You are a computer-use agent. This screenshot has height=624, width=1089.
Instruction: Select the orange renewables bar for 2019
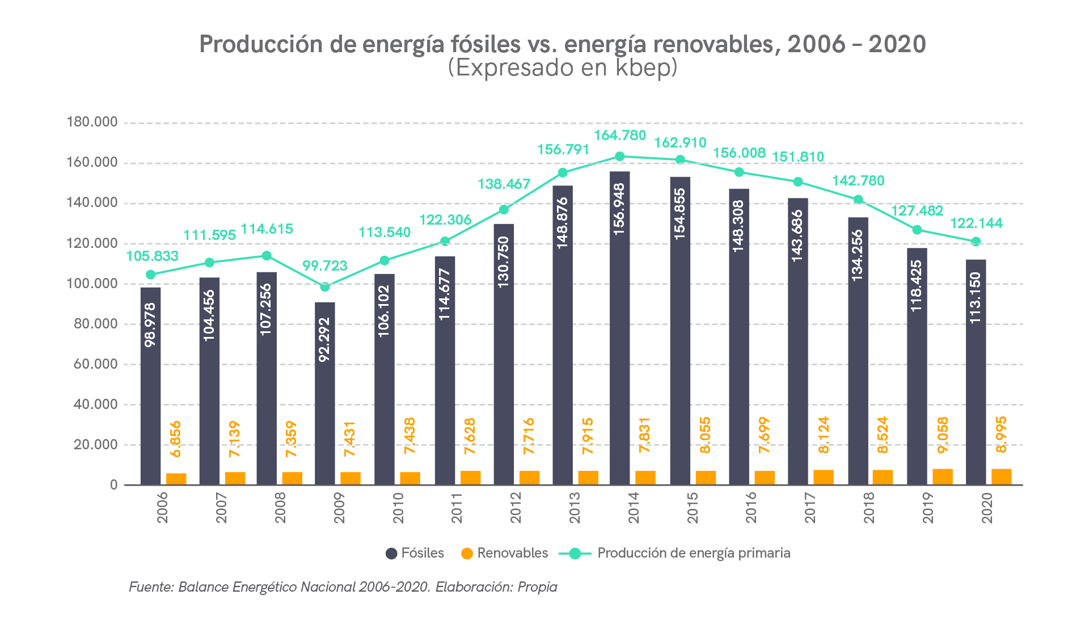coord(943,477)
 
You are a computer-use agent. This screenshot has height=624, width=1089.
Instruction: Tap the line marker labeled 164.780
coord(620,157)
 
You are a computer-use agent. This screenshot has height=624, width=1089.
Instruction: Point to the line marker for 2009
coord(325,287)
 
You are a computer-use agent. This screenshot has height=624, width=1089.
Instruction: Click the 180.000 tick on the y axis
coord(92,122)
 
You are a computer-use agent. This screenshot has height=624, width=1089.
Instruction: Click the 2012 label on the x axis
coord(516,508)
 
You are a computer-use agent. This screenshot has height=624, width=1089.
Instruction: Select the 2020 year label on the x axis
coord(987,508)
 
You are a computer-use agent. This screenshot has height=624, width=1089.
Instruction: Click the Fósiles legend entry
coord(415,553)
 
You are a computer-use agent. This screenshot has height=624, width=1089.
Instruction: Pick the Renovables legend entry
coord(505,553)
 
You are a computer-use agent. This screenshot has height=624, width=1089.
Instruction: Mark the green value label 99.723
coord(324,265)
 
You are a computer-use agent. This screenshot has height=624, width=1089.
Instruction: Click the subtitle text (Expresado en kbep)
coord(563,68)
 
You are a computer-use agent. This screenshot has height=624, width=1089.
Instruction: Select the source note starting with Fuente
coord(343,587)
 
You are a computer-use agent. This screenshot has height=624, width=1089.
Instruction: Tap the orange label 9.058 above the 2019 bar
coord(943,435)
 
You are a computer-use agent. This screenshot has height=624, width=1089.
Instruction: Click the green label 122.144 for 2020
coord(976,223)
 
